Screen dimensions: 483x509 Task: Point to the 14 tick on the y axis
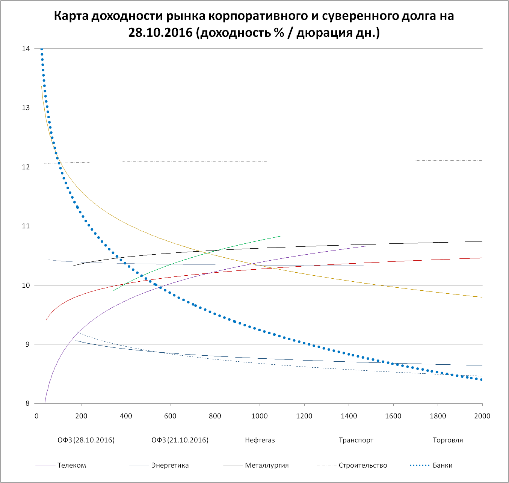click(26, 49)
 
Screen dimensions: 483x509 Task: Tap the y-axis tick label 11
click(26, 226)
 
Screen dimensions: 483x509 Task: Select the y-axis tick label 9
click(27, 344)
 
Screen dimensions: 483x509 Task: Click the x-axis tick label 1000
click(260, 416)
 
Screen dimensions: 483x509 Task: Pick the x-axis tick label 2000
click(482, 416)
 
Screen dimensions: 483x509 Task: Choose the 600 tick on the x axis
click(171, 416)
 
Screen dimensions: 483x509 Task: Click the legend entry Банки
click(443, 465)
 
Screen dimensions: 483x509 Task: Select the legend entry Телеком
click(71, 465)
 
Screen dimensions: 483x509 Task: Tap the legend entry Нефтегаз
click(260, 440)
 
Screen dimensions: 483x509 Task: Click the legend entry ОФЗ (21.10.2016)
click(180, 440)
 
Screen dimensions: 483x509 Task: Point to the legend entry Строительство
click(362, 465)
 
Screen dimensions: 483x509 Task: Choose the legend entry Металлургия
click(267, 465)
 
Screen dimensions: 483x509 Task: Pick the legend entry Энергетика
click(170, 465)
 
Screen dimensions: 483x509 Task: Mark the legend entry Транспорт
click(356, 440)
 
